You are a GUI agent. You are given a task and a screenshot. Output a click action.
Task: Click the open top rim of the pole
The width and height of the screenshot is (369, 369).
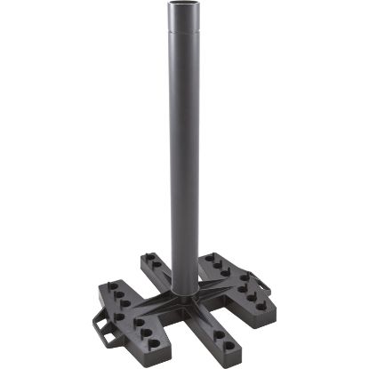(x=185, y=8)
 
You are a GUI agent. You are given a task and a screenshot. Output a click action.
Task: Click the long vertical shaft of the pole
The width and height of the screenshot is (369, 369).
(x=185, y=160)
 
